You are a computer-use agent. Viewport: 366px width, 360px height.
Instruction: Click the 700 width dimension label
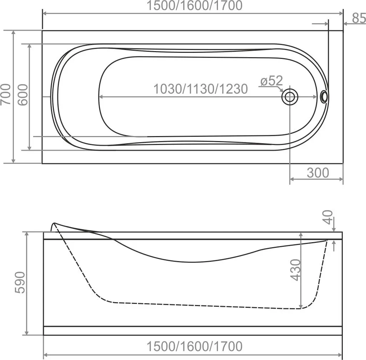pos(6,94)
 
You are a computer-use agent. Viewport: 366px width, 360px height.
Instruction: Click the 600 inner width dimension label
pos(23,95)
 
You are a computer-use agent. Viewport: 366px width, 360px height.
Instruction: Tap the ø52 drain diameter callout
pos(271,81)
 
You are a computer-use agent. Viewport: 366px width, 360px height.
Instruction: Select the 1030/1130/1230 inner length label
pos(200,89)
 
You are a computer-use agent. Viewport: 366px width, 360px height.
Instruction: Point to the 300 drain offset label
pos(318,173)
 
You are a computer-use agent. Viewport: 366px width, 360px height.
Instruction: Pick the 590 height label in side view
pos(20,282)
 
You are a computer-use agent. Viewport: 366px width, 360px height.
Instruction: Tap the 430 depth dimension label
pos(295,270)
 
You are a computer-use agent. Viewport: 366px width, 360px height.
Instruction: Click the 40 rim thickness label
pos(329,217)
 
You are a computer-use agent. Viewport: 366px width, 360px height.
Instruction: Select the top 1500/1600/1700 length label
pos(194,6)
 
